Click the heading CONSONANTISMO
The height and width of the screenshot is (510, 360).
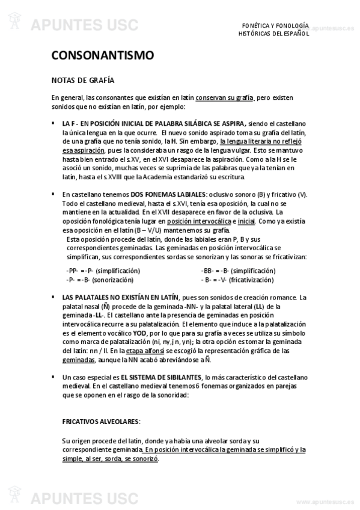coord(103,56)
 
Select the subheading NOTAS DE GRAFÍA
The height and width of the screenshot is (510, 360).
coord(83,80)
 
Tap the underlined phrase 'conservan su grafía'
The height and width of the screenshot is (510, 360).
coord(225,97)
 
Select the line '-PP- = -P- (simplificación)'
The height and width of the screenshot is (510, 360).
coord(103,271)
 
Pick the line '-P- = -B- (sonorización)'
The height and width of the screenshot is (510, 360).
coord(100,279)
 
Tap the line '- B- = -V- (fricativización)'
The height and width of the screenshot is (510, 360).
coord(239,279)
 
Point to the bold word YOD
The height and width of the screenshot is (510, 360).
coord(139,333)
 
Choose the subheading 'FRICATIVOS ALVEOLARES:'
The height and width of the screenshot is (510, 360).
coord(101,422)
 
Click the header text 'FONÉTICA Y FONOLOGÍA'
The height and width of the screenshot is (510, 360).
coord(275,26)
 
